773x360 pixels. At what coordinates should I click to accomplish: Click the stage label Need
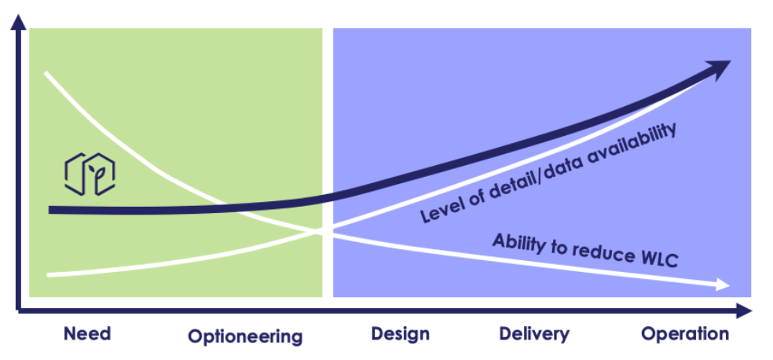tap(86, 334)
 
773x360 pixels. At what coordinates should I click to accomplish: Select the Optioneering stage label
tap(245, 337)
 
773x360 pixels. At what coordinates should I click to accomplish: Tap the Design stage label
tap(401, 334)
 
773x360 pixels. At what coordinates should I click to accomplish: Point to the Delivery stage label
tap(534, 334)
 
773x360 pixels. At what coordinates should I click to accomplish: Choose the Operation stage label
tap(685, 334)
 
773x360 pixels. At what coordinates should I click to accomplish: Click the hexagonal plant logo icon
tap(90, 174)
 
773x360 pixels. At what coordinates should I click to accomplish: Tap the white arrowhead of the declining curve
tap(723, 285)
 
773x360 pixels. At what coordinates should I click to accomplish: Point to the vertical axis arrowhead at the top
tap(18, 22)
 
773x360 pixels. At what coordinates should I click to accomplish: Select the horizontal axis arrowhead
tap(745, 310)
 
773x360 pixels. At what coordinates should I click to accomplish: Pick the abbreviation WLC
tap(659, 259)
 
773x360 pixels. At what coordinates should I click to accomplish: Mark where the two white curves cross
tap(325, 231)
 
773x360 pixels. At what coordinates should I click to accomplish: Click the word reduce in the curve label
tap(598, 252)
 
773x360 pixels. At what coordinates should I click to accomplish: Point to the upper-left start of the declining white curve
tap(46, 73)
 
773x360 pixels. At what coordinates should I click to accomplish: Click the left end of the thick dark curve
tap(51, 210)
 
